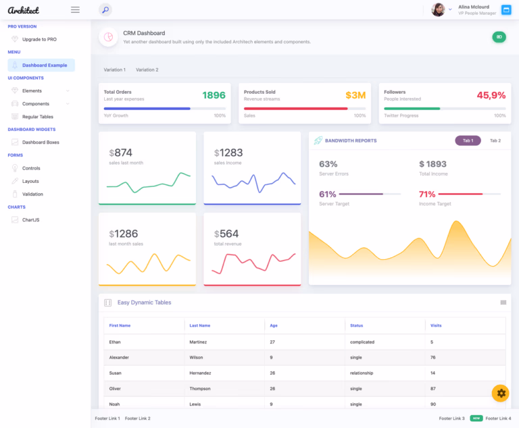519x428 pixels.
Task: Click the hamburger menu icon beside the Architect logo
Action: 75,10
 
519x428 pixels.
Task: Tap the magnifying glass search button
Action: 105,10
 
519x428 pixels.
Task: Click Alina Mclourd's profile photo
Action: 438,10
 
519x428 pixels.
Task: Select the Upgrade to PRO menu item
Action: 39,39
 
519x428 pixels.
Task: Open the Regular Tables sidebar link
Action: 38,117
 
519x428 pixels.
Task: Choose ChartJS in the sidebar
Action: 31,220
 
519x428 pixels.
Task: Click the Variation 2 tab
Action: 147,70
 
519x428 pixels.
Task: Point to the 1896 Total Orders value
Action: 214,95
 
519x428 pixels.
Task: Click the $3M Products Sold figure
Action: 355,95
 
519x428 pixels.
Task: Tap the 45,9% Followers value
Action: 491,95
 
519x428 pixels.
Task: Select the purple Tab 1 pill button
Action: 468,140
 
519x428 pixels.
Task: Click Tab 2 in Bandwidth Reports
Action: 495,140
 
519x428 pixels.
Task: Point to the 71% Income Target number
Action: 427,194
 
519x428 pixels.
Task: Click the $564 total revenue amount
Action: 226,234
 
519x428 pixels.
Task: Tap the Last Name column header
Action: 199,325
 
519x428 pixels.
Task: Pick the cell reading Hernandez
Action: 200,373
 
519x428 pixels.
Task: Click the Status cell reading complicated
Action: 362,342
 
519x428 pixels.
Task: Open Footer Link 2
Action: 137,419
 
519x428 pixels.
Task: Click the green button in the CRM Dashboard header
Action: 499,37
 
